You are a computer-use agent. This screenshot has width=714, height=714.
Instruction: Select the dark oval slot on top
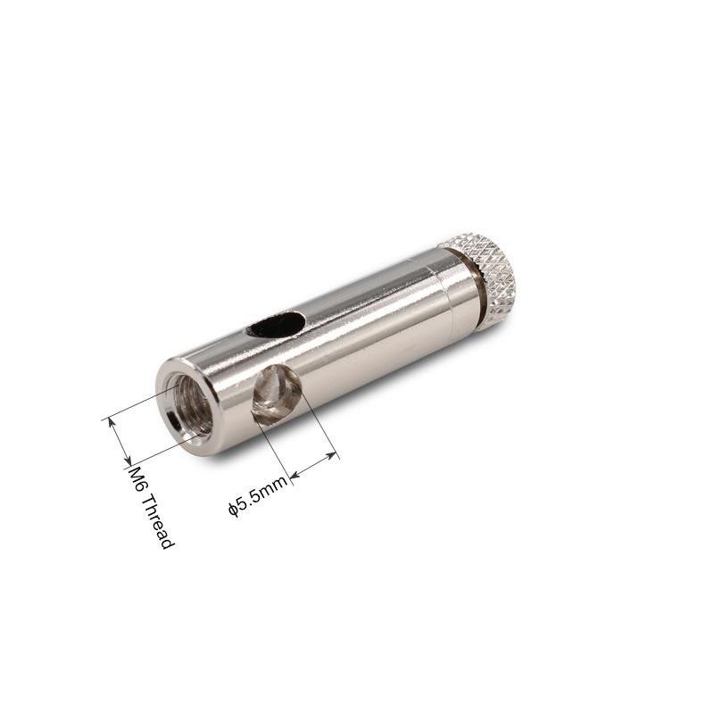click(x=276, y=325)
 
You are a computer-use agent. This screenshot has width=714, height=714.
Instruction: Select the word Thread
click(x=158, y=521)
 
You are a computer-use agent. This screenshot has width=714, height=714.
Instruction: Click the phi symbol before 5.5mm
click(x=233, y=510)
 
